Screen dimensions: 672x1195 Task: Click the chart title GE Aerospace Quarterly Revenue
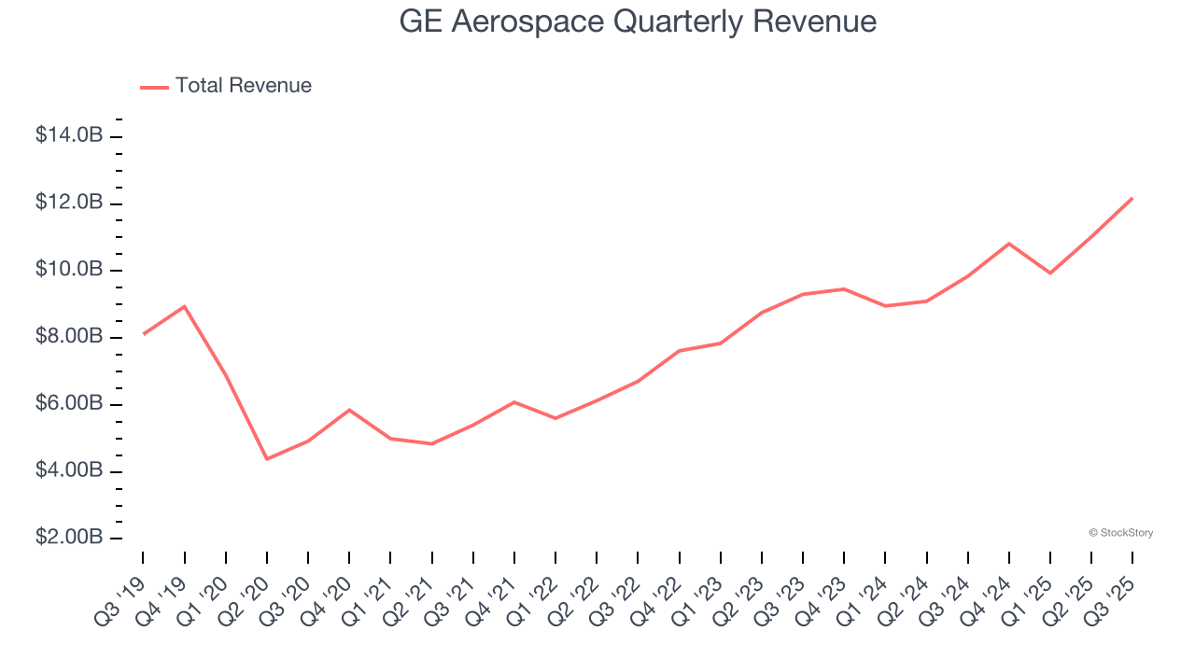(638, 21)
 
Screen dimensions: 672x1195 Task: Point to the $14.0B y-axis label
(69, 136)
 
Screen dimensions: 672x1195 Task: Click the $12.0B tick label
(69, 203)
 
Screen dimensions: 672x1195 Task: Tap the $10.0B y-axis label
(69, 270)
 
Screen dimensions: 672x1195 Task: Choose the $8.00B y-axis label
(69, 337)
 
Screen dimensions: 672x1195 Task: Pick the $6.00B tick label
(69, 404)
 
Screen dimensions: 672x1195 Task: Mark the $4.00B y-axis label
(69, 471)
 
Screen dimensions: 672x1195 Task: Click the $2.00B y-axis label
(69, 539)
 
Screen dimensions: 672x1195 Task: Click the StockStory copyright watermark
(1120, 533)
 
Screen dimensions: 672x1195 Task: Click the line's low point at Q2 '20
(267, 458)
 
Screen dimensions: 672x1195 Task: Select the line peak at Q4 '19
(185, 306)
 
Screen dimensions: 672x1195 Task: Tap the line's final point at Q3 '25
(1132, 198)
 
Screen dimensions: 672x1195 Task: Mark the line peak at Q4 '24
(1009, 244)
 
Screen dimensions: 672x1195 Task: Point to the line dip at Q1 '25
(1050, 273)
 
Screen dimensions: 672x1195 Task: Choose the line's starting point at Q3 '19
(144, 333)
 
